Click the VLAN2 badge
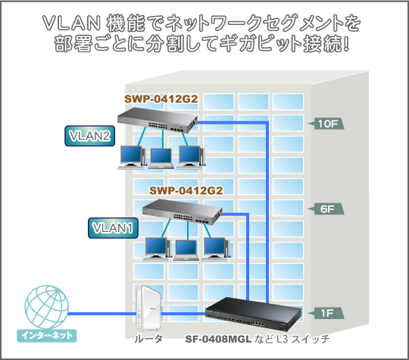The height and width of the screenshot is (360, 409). pyautogui.click(x=89, y=136)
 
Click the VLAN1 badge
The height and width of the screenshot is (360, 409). pyautogui.click(x=113, y=228)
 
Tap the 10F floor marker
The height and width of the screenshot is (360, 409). pyautogui.click(x=326, y=124)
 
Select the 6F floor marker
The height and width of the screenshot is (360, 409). pyautogui.click(x=326, y=209)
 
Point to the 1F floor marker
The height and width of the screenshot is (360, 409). pyautogui.click(x=326, y=313)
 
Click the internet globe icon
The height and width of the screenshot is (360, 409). pyautogui.click(x=47, y=307)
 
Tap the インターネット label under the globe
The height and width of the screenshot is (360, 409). pyautogui.click(x=47, y=336)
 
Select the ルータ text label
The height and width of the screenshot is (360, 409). pyautogui.click(x=148, y=339)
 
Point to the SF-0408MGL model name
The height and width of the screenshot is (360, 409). pyautogui.click(x=218, y=339)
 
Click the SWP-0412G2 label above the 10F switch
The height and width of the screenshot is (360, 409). pyautogui.click(x=161, y=99)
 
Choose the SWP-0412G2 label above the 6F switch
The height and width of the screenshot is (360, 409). pyautogui.click(x=186, y=190)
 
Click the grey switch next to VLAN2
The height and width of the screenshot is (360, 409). pyautogui.click(x=158, y=121)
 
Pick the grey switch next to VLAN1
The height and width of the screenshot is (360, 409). pyautogui.click(x=183, y=211)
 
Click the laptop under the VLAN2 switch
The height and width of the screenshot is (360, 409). pyautogui.click(x=161, y=158)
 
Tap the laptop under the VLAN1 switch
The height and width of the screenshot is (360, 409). pyautogui.click(x=186, y=250)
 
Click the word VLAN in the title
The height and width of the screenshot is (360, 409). pyautogui.click(x=71, y=23)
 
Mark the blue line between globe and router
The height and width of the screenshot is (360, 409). pyautogui.click(x=102, y=314)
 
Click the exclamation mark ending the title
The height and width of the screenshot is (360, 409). pyautogui.click(x=346, y=43)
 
